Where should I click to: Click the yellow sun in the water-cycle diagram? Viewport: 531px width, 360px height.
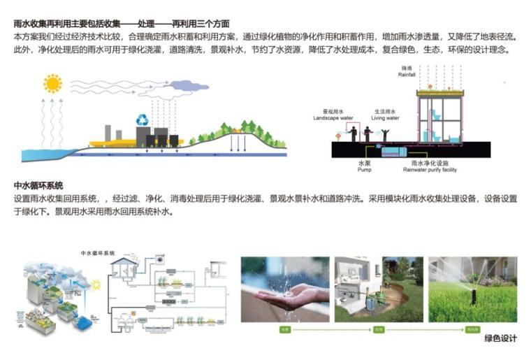[x=52, y=84]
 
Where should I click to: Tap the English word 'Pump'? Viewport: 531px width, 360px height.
[x=363, y=169]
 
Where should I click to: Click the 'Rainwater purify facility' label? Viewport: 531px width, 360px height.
[x=430, y=169]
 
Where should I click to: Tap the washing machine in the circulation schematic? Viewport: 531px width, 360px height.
[x=163, y=258]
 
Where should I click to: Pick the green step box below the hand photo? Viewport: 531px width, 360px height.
[x=284, y=329]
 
